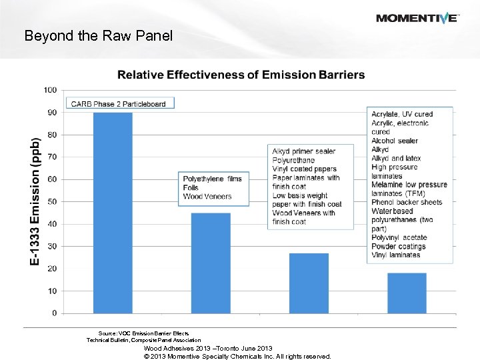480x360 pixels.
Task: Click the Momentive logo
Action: [x=417, y=18]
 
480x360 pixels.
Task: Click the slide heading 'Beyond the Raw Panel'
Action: [x=98, y=36]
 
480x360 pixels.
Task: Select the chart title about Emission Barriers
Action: [x=241, y=75]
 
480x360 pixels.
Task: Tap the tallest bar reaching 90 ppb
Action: [x=113, y=213]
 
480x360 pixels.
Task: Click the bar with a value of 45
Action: [x=211, y=263]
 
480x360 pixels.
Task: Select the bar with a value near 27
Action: [x=309, y=283]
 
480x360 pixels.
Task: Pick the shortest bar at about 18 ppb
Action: [x=407, y=293]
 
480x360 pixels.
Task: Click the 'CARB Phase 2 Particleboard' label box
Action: [x=120, y=103]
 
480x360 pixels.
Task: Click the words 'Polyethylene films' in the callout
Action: [x=212, y=179]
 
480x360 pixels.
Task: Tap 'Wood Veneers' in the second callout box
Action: [x=207, y=197]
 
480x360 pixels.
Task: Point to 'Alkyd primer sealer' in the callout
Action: [x=303, y=151]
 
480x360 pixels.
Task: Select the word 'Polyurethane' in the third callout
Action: [x=293, y=161]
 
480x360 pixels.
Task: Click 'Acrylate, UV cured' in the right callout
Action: [x=401, y=114]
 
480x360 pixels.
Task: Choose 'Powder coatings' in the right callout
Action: [x=399, y=246]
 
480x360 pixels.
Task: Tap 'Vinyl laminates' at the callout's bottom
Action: [x=396, y=255]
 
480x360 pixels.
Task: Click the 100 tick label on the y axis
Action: [x=50, y=90]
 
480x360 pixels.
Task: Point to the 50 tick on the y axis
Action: [x=51, y=201]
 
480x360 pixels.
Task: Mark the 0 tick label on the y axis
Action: [x=53, y=313]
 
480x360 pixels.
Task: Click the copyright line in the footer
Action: [x=237, y=356]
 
